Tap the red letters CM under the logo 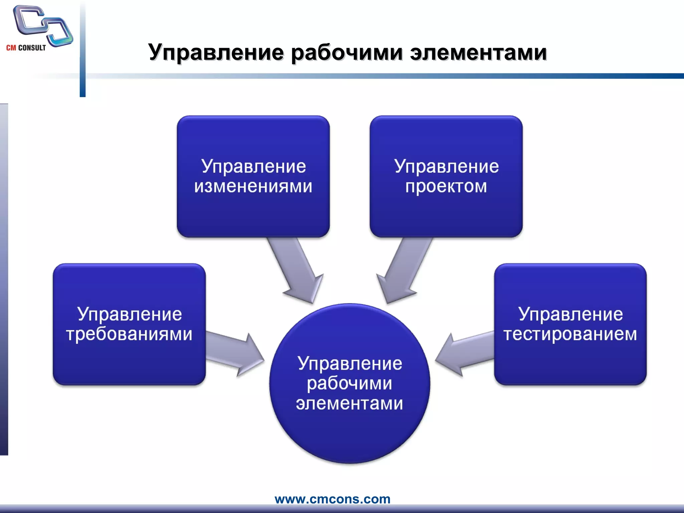(11, 48)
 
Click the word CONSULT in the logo (32, 48)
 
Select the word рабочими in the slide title (347, 53)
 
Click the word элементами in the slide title (478, 53)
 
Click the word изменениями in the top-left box (253, 186)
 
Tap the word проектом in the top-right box (446, 186)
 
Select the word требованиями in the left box (129, 334)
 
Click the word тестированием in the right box (570, 334)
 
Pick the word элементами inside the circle (349, 403)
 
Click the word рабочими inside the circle (349, 383)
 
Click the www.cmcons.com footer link (332, 499)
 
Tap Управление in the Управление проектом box (446, 166)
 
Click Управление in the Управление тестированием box (570, 314)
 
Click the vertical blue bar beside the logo (82, 50)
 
